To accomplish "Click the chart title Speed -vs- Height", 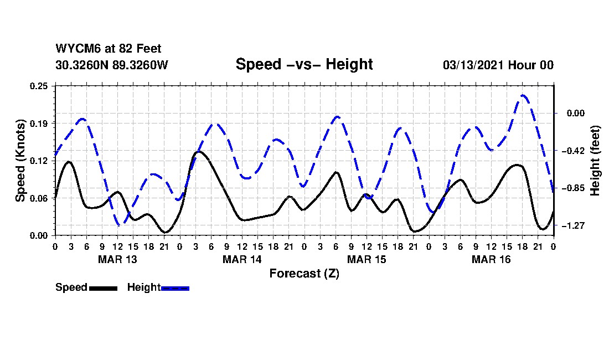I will (x=304, y=64).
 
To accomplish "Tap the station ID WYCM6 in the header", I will (x=75, y=49).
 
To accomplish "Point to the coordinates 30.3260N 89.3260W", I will (x=111, y=65).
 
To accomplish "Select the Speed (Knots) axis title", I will (x=20, y=160).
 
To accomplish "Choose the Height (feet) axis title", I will (x=596, y=161).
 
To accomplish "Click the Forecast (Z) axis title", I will (x=304, y=273).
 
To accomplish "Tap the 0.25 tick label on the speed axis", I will (x=40, y=86).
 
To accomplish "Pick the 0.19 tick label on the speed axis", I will (x=40, y=123).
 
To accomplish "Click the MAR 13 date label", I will (x=117, y=259).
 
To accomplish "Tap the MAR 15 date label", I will (x=367, y=259).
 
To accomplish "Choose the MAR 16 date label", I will (x=491, y=259).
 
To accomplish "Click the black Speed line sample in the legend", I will (x=102, y=288).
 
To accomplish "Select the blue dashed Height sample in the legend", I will (x=175, y=288).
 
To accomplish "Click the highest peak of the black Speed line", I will (x=199, y=151).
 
